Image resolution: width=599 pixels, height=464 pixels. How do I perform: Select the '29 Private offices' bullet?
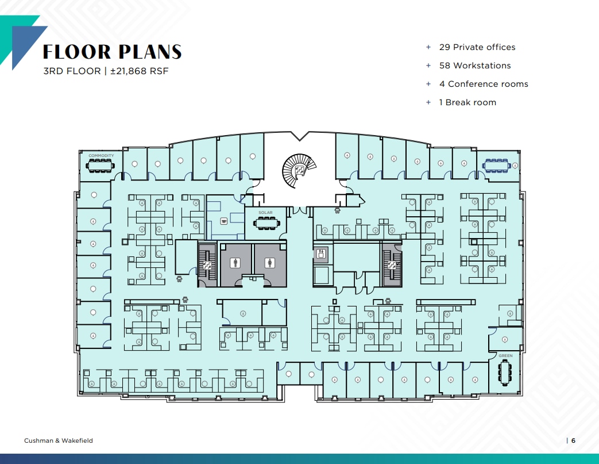[x=477, y=47]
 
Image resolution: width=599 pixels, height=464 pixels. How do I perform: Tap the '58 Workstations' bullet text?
[x=474, y=66]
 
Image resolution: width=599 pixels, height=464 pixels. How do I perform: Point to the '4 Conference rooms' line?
[x=483, y=84]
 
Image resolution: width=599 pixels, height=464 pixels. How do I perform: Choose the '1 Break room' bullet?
[x=467, y=102]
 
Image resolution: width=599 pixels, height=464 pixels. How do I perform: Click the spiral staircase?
[x=299, y=171]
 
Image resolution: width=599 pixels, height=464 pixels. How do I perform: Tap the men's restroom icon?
[x=234, y=263]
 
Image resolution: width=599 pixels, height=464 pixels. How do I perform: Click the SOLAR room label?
[x=265, y=213]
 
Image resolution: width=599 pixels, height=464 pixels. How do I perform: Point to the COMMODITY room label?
[x=101, y=156]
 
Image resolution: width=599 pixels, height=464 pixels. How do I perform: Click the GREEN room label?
[x=505, y=356]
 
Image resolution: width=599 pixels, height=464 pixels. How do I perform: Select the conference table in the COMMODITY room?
[x=101, y=166]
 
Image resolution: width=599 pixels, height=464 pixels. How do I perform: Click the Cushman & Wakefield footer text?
[x=58, y=441]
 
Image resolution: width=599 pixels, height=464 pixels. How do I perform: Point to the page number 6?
[x=573, y=441]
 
